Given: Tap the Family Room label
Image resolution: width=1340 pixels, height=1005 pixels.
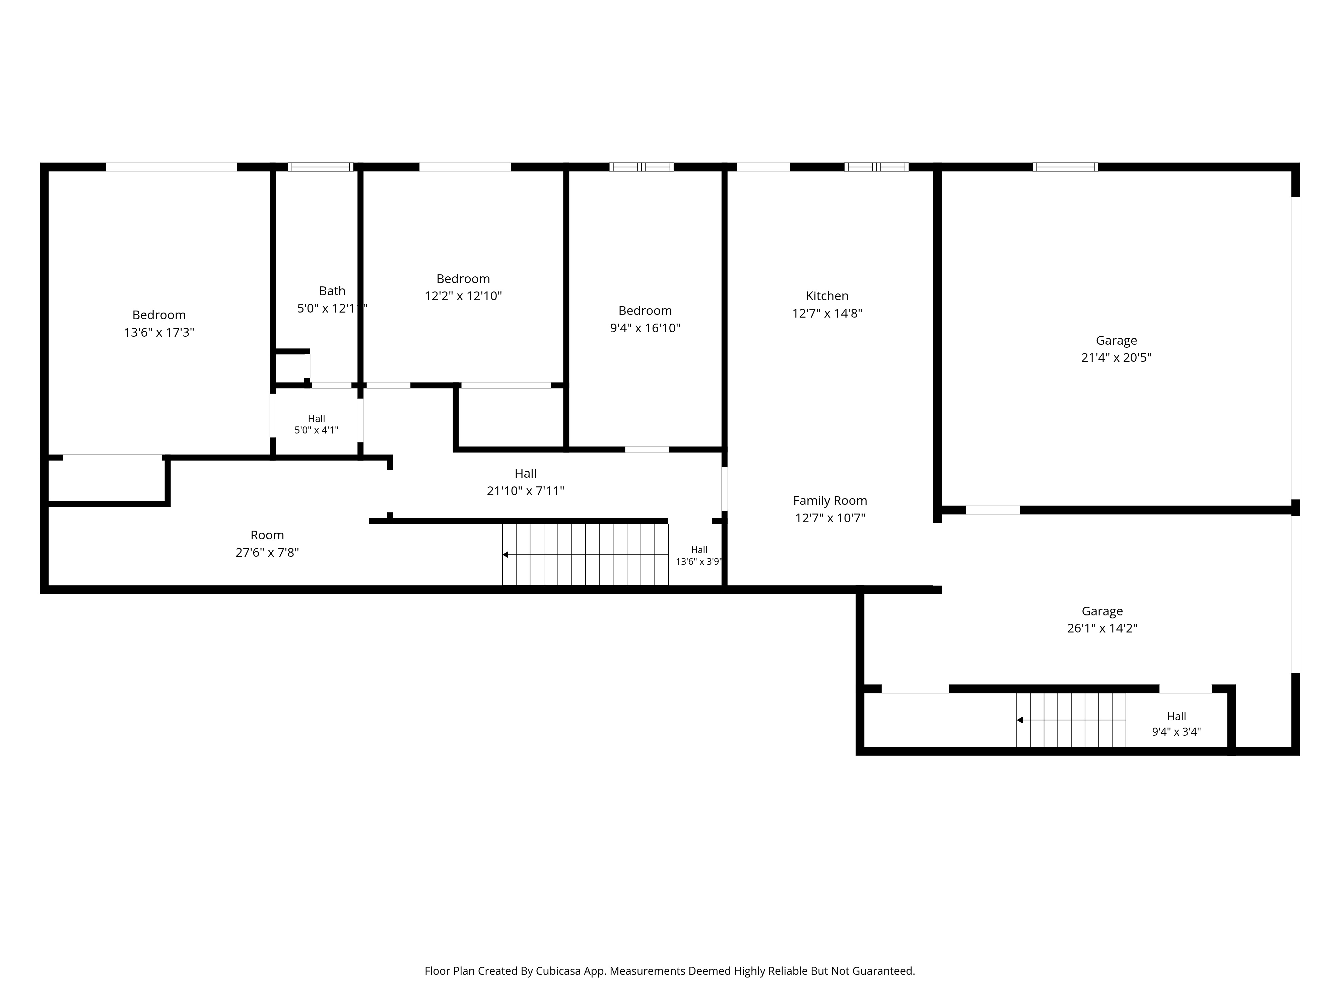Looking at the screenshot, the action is click(830, 501).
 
